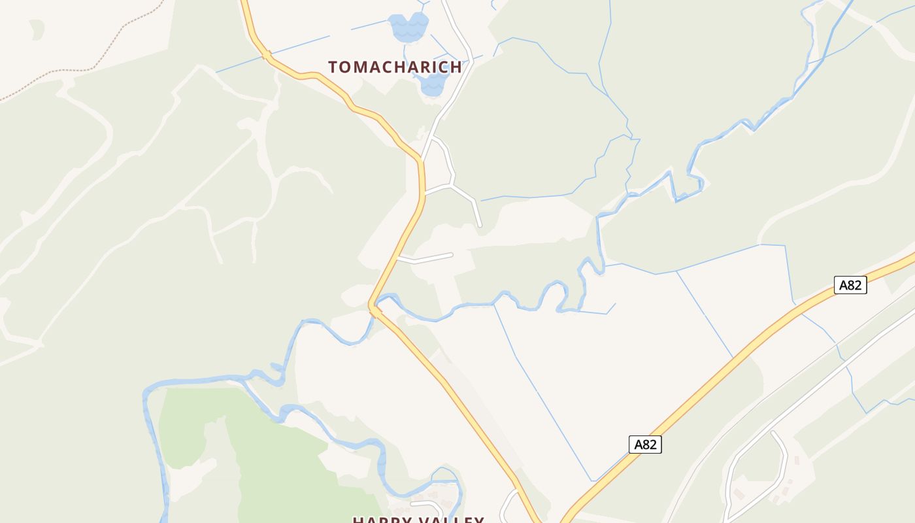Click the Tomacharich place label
395,67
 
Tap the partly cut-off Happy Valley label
418,520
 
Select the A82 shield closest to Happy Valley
645,445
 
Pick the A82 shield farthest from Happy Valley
850,285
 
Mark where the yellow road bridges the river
374,309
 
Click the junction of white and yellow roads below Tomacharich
422,160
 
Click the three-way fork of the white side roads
452,185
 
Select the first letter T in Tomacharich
333,67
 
